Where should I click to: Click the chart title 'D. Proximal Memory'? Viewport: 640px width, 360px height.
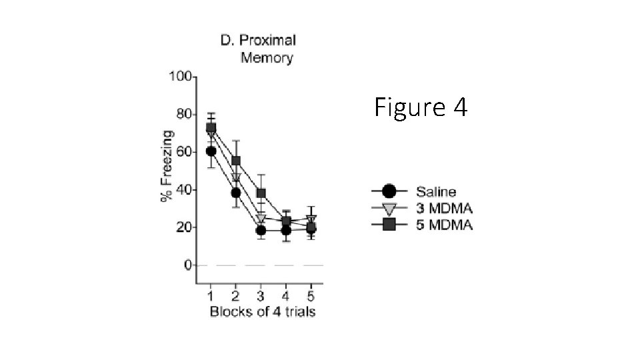(258, 49)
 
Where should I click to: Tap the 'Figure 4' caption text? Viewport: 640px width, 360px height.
(421, 107)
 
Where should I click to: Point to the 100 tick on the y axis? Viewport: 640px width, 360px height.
(180, 76)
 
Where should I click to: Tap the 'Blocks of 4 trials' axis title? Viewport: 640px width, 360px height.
(262, 312)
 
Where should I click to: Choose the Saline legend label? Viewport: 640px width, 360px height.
(436, 192)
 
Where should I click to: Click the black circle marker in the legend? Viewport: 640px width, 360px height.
(389, 192)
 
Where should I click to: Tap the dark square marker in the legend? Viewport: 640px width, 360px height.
(389, 225)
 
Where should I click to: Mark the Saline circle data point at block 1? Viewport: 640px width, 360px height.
(211, 151)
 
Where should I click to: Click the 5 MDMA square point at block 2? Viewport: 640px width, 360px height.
(236, 161)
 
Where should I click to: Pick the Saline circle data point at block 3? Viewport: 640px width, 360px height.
(261, 230)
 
